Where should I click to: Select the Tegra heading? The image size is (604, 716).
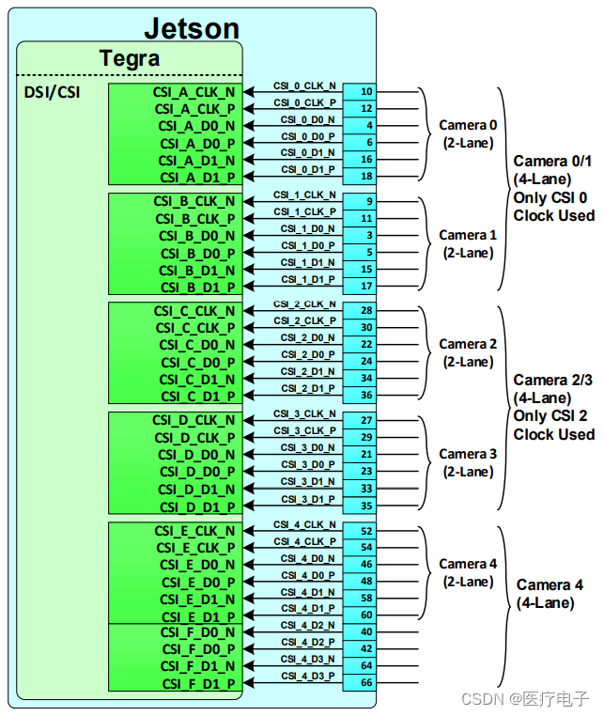point(130,58)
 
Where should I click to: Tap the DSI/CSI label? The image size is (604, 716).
point(52,93)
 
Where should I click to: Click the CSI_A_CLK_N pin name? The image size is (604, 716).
point(194,91)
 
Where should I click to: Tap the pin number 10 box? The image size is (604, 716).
point(366,91)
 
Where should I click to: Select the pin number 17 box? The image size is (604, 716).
point(366,286)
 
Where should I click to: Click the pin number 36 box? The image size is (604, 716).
point(366,395)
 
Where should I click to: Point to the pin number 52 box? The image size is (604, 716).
point(366,531)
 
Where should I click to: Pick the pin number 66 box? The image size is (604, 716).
point(366,682)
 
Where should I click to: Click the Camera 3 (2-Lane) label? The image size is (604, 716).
point(468,462)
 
